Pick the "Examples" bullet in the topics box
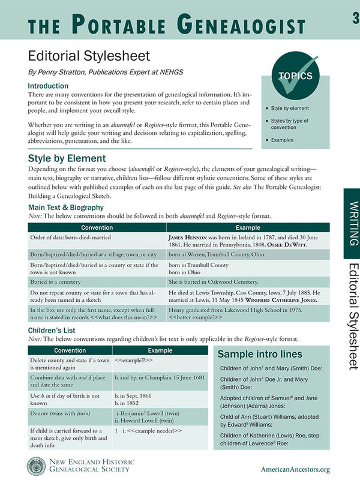(281, 140)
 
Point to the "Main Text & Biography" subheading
(66, 206)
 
